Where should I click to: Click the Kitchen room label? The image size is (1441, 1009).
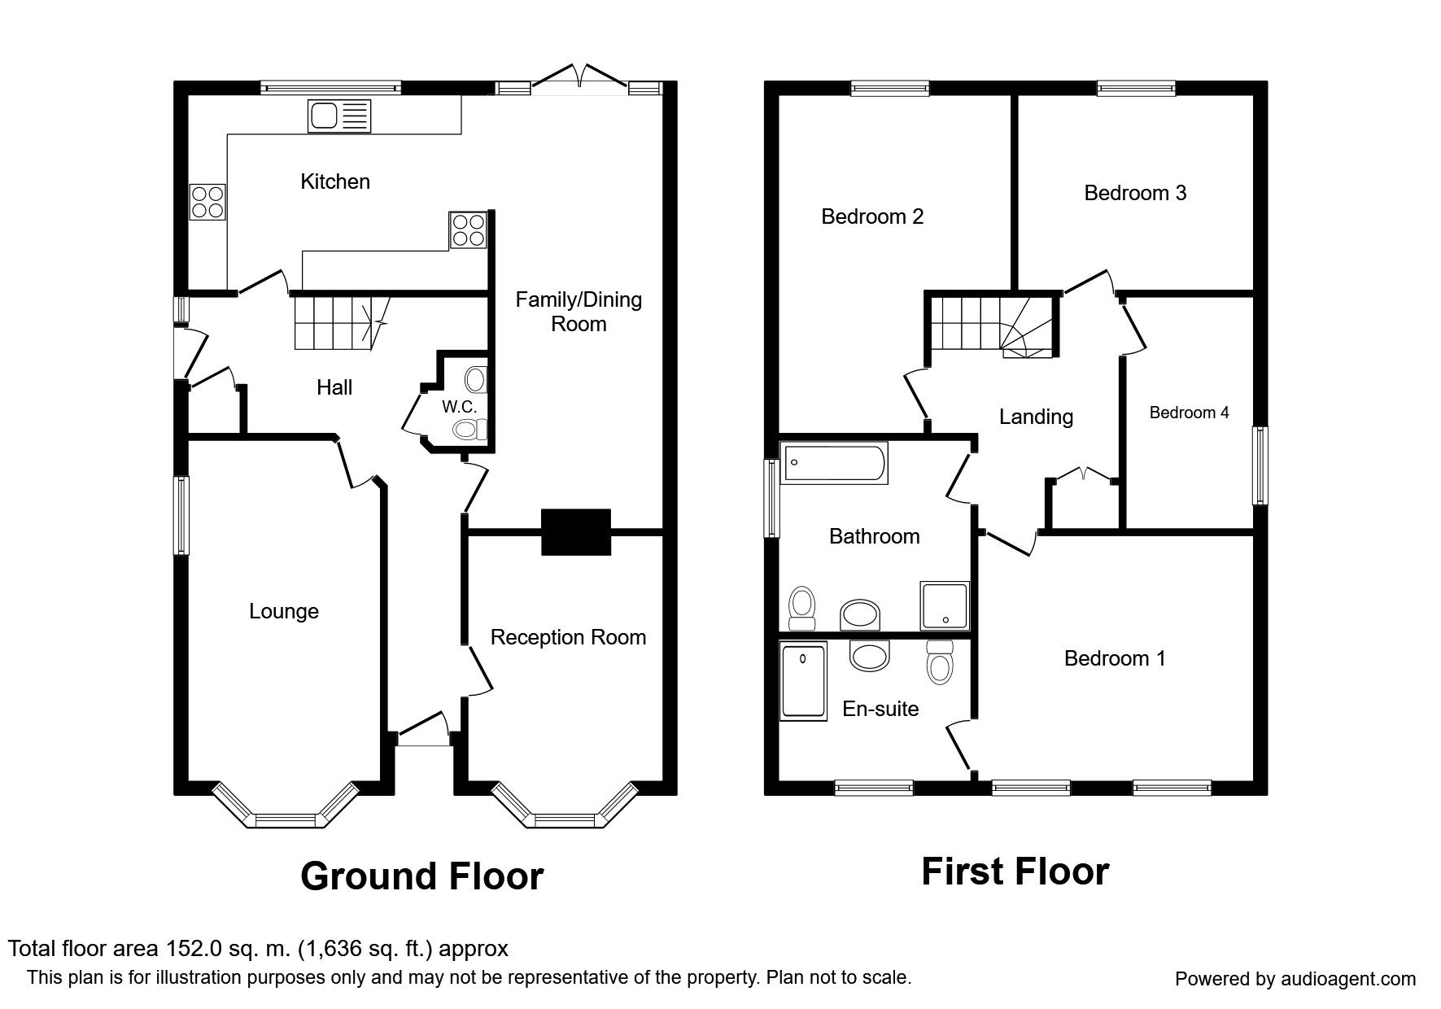point(335,181)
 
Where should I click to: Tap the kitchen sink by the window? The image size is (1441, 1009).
point(338,116)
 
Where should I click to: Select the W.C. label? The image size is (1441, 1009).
point(459,406)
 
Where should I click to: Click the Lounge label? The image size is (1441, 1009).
point(284,611)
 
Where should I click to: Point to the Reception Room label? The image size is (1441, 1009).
point(568,637)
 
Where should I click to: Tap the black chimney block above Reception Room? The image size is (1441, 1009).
point(576,532)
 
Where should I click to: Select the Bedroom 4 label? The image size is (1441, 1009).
point(1189,413)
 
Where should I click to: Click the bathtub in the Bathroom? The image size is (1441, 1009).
point(833,464)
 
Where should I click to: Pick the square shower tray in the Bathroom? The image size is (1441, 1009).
point(945,605)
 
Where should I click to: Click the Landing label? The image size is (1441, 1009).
point(1036,417)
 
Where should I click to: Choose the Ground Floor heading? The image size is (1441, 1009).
point(421,876)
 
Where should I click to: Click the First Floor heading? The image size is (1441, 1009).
point(1015,871)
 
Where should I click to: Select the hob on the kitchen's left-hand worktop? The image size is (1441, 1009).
point(207,202)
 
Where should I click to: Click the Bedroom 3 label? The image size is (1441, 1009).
point(1135,193)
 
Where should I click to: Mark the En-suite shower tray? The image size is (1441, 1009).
point(804,680)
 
